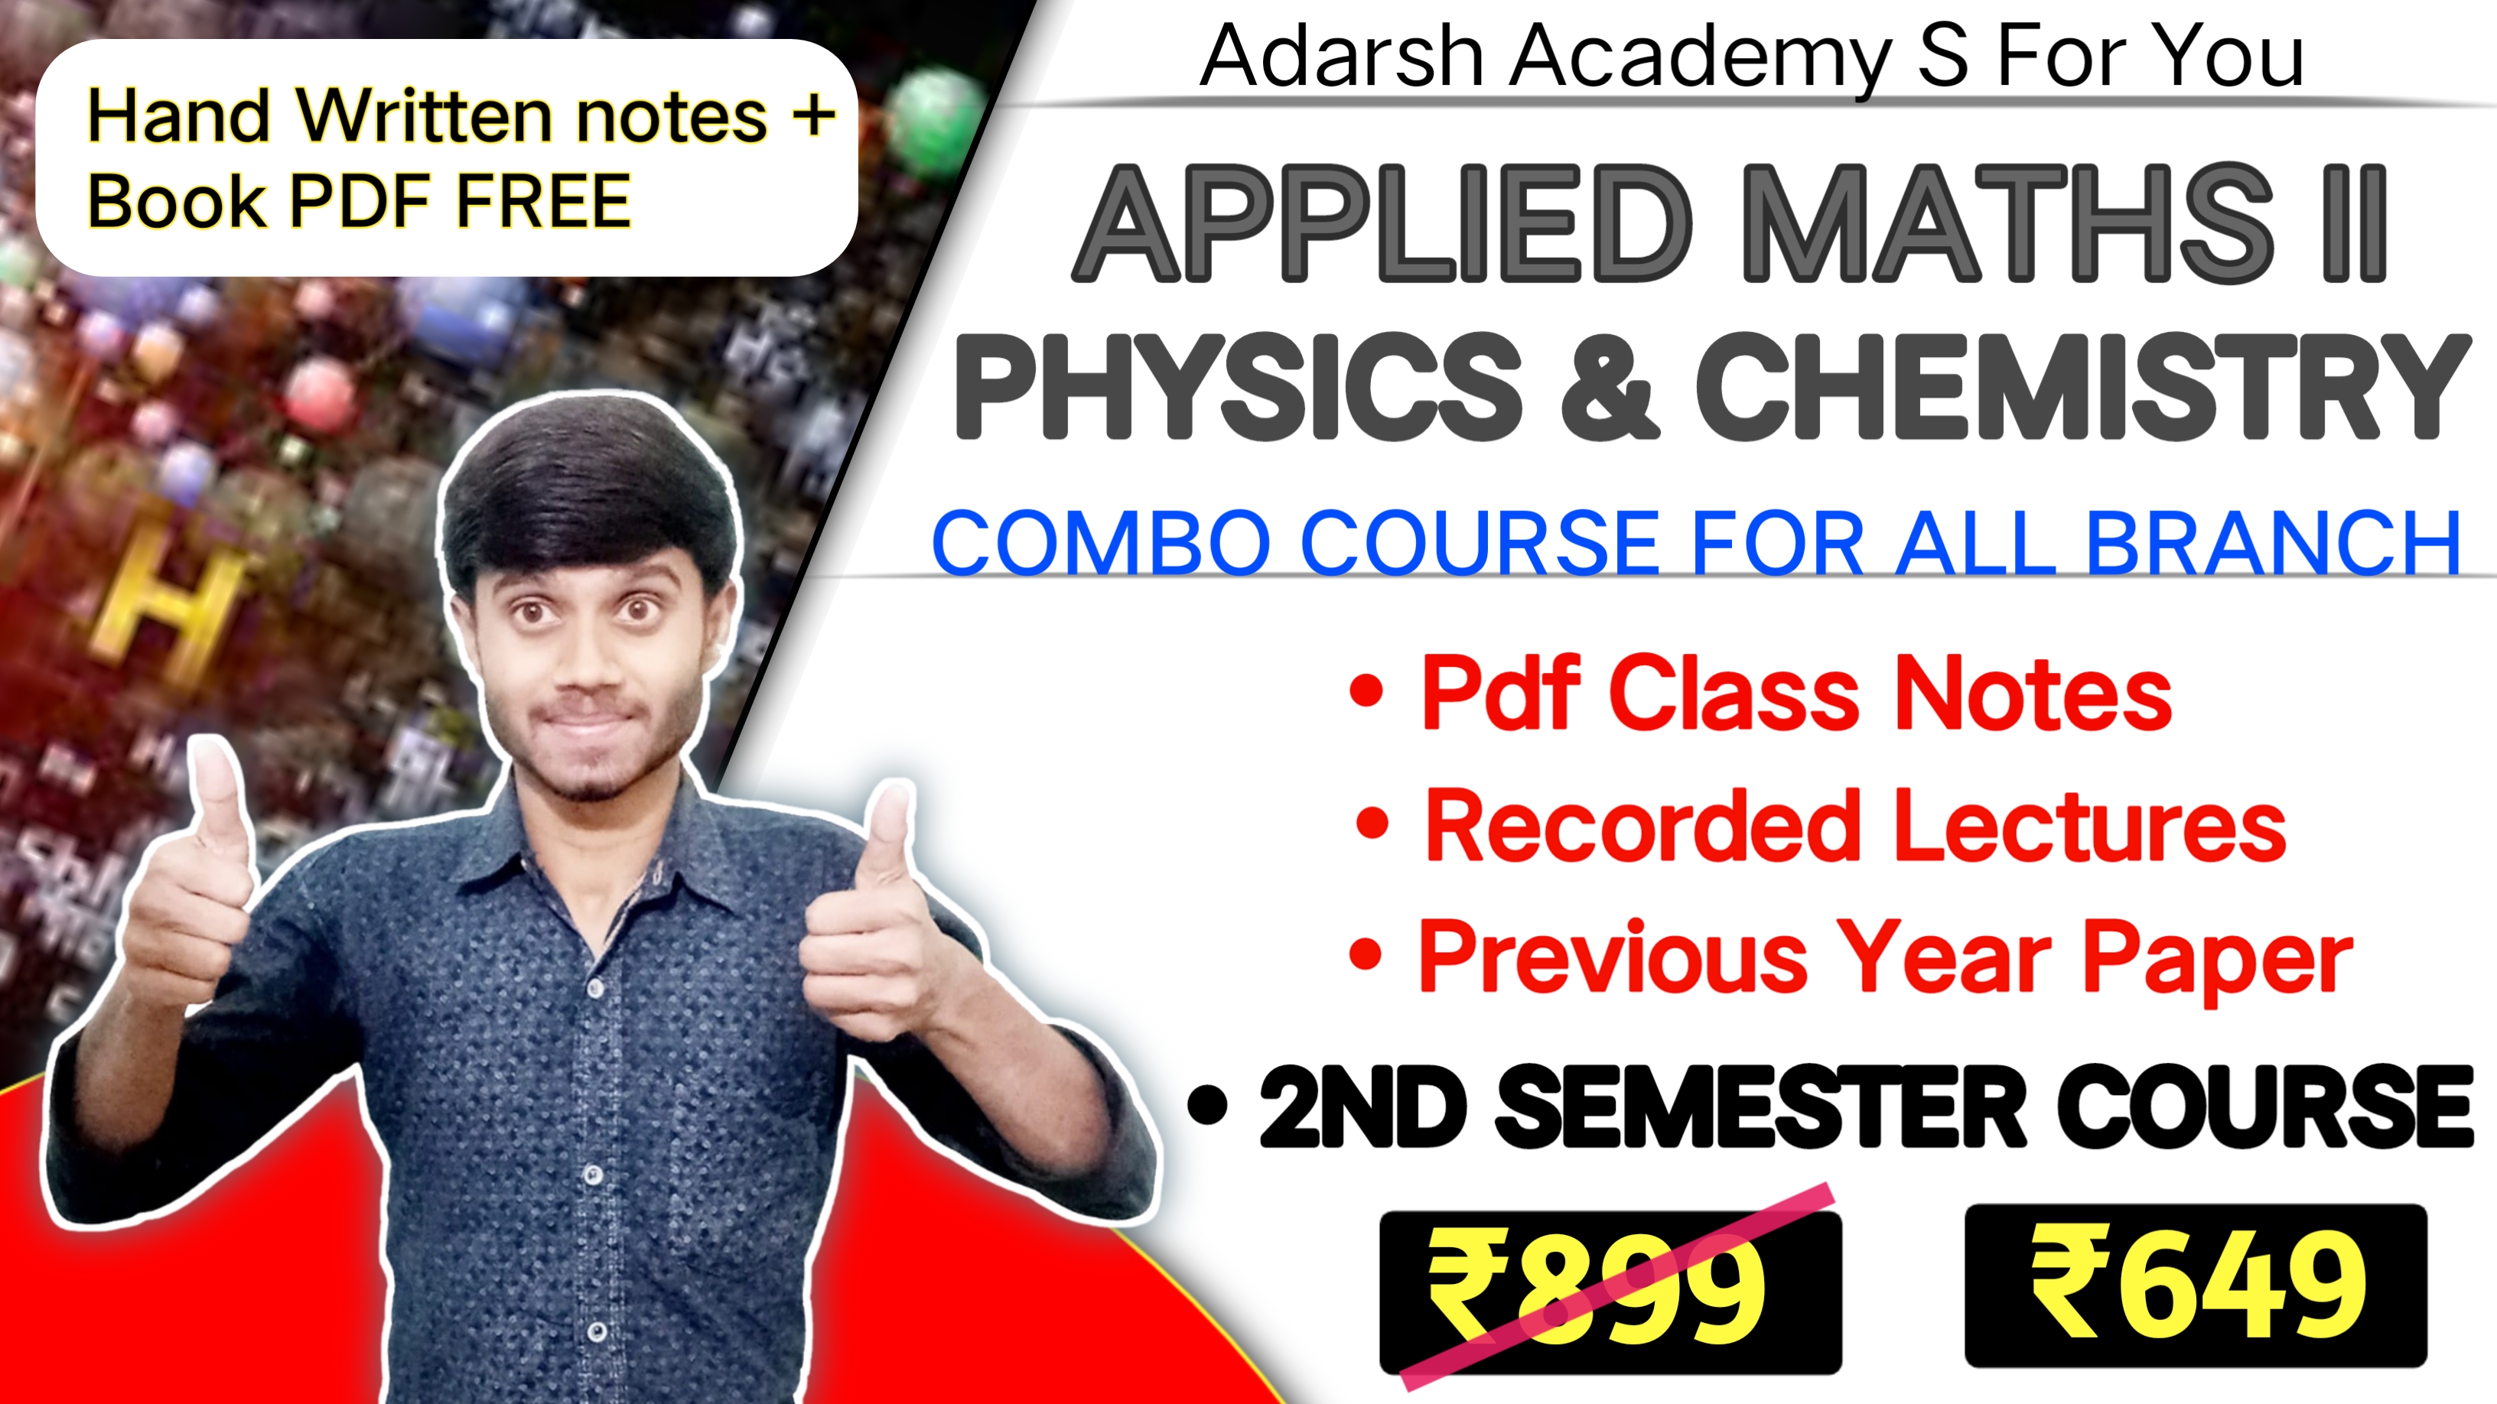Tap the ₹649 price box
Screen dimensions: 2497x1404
(x=2196, y=1285)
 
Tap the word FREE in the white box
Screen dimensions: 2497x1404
(x=544, y=202)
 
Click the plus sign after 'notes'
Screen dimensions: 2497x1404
(x=812, y=115)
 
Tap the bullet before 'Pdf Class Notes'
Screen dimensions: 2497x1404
(x=1367, y=690)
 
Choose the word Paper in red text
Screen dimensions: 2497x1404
(x=2217, y=959)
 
